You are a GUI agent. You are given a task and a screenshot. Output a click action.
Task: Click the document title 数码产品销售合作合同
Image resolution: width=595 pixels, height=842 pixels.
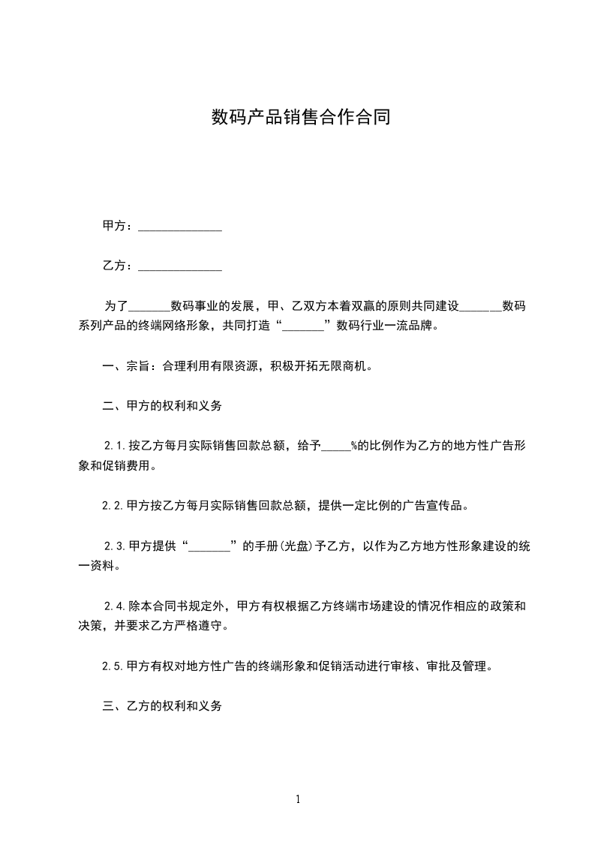point(300,118)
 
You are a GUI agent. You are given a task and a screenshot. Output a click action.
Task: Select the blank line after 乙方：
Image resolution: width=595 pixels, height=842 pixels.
point(180,266)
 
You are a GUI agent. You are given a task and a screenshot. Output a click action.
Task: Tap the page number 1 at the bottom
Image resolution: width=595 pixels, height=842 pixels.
point(298,799)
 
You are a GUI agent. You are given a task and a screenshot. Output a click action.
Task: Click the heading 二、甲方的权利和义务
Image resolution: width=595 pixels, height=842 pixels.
point(161,407)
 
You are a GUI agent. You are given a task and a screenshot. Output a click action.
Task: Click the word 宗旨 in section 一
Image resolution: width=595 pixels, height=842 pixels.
point(137,367)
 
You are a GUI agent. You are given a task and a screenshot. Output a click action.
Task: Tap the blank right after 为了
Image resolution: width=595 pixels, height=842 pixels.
point(149,306)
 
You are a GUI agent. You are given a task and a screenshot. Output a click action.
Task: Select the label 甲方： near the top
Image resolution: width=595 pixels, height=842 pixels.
point(119,226)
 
